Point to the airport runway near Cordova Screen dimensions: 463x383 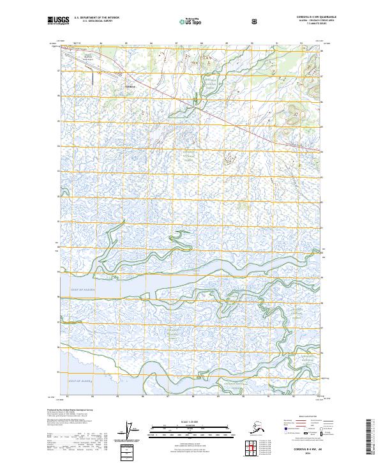click(x=92, y=77)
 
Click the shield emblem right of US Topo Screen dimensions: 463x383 click(x=255, y=20)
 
